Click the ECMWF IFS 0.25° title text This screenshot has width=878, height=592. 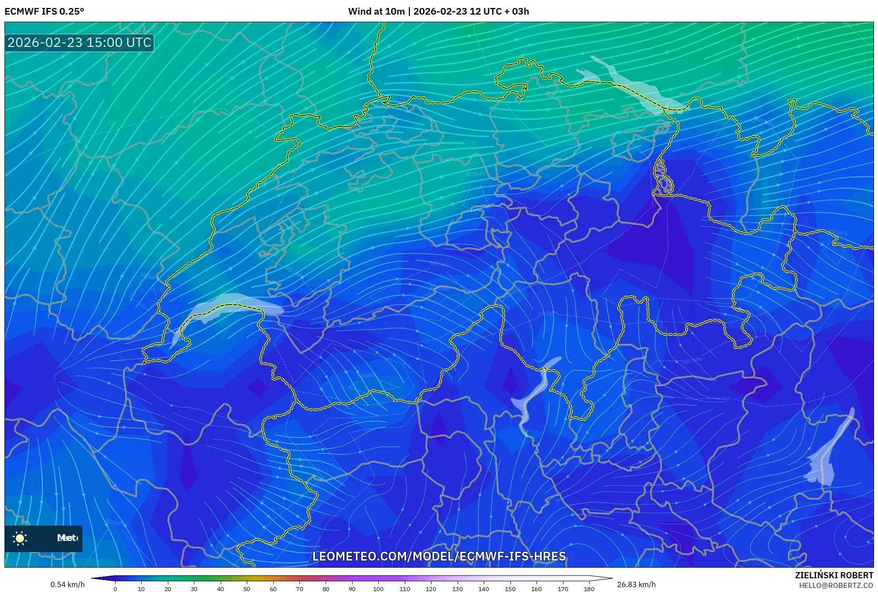pos(44,12)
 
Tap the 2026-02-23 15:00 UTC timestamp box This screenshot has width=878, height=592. pos(79,43)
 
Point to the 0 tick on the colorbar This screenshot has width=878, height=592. pos(115,589)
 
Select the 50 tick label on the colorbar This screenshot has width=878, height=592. pos(247,589)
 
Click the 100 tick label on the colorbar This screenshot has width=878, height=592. pos(378,589)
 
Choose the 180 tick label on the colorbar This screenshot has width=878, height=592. pos(589,589)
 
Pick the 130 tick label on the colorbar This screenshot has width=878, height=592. pos(457,589)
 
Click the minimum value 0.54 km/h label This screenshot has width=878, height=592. pos(67,584)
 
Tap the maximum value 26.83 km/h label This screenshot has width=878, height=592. pos(636,584)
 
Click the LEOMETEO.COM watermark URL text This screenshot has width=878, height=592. pos(439,556)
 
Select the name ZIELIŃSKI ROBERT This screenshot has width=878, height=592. pos(834,575)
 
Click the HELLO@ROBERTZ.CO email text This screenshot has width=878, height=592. pos(836,585)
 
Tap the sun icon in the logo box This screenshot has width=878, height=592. pos(20,538)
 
